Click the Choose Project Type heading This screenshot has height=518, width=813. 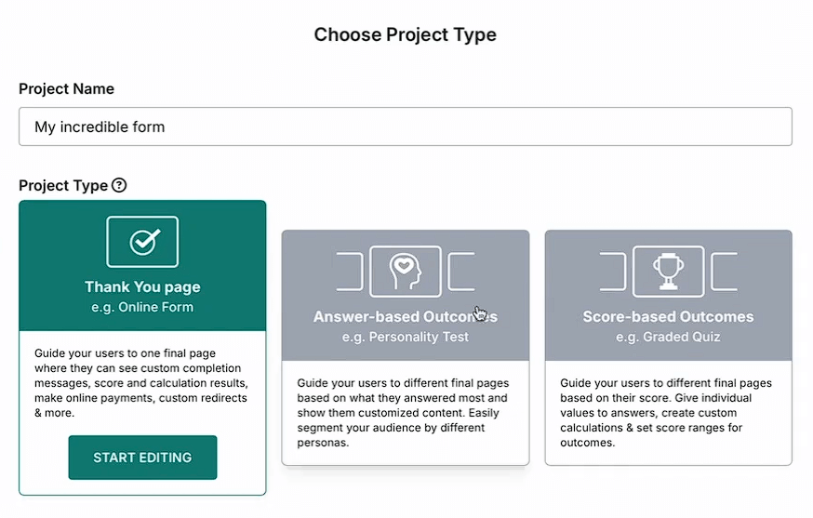[x=405, y=35]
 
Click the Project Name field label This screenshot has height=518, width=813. [x=67, y=89]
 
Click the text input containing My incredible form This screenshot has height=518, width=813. [x=405, y=126]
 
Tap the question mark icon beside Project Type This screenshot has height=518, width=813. [x=119, y=185]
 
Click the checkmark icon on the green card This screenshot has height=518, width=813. [x=142, y=242]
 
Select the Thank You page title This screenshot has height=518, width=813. [x=142, y=286]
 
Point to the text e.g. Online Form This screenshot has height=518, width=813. [x=142, y=307]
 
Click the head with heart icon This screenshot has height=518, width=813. [x=406, y=271]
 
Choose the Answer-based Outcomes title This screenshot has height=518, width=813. [x=406, y=316]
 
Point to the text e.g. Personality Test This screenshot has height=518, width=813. [x=406, y=337]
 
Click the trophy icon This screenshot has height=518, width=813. [x=668, y=271]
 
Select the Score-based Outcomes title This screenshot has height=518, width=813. [x=668, y=316]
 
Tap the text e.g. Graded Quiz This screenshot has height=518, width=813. [x=668, y=337]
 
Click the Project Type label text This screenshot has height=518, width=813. [x=63, y=185]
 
